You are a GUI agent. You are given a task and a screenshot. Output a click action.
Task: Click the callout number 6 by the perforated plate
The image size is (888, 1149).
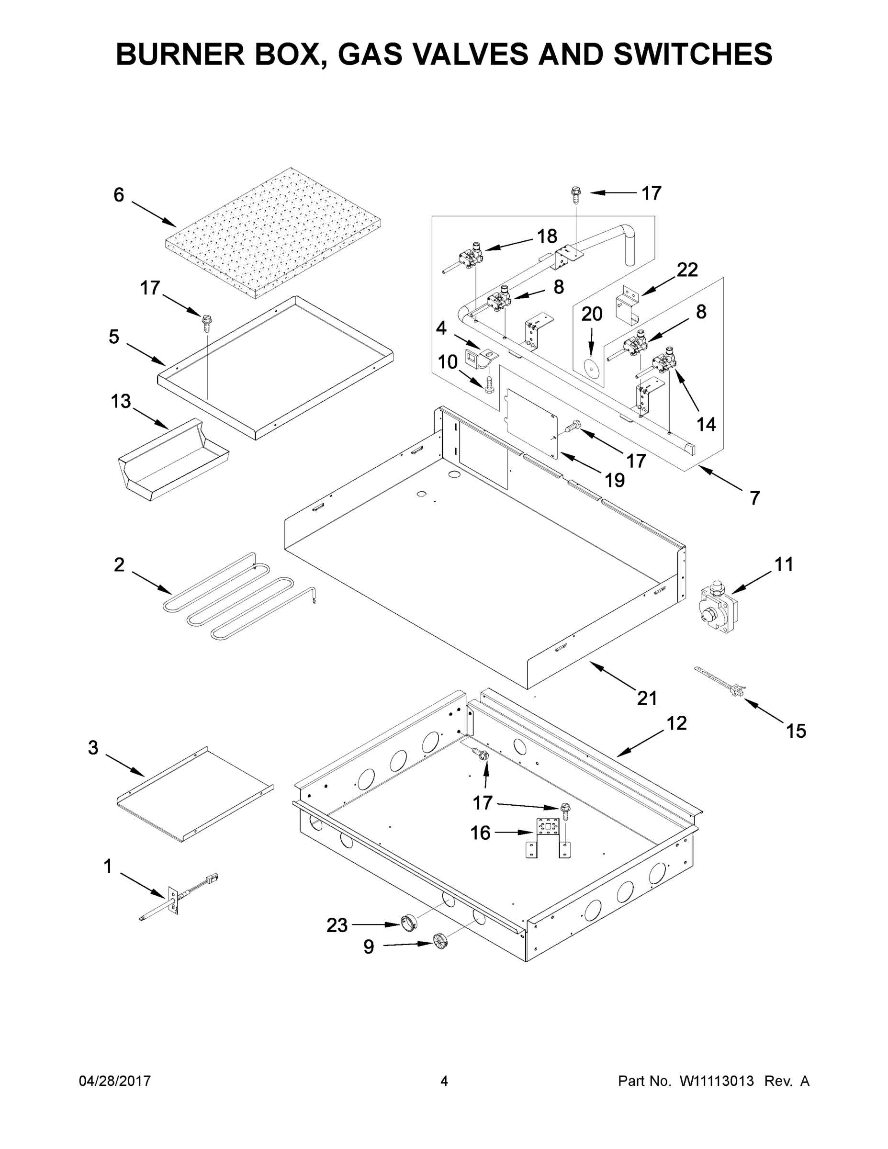(119, 195)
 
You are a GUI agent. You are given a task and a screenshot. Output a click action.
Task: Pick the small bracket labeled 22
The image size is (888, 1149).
(628, 307)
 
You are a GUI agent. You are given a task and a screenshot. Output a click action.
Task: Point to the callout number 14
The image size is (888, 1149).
(706, 424)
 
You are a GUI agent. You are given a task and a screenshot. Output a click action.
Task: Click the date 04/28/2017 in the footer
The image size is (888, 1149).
(115, 1081)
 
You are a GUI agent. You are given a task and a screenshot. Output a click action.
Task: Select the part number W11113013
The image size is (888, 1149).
(717, 1081)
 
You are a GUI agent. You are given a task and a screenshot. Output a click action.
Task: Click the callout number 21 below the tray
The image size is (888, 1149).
(647, 698)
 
